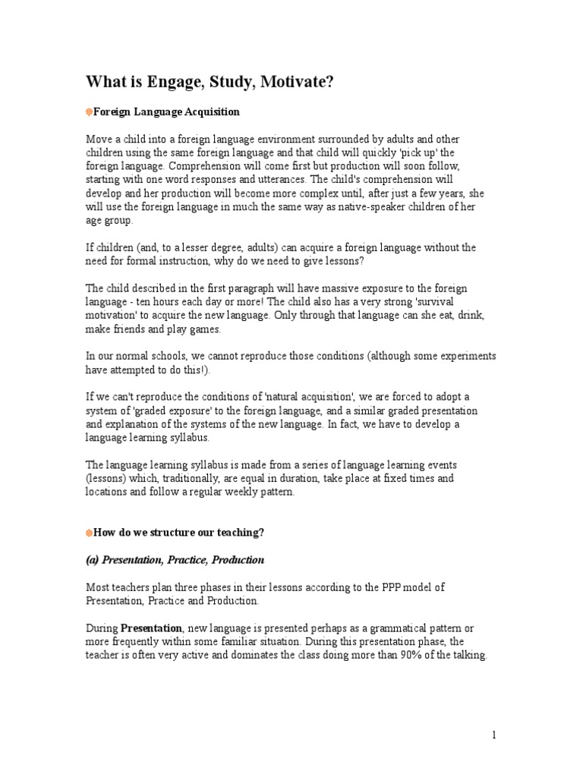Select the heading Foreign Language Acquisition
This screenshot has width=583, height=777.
166,112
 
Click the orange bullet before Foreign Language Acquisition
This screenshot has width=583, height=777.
88,112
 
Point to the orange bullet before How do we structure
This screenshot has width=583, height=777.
88,533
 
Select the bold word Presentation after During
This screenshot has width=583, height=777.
151,628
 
